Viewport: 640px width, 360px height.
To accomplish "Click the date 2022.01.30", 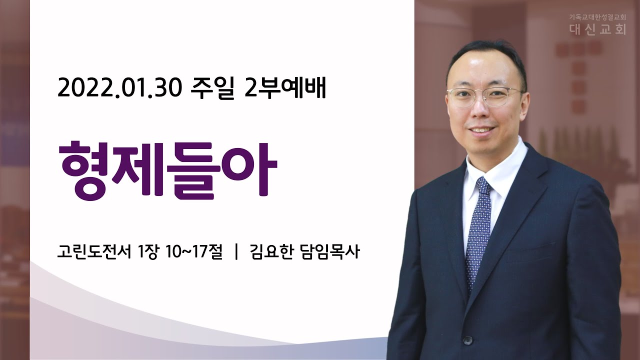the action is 119,89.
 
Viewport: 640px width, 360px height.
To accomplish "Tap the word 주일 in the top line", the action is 212,89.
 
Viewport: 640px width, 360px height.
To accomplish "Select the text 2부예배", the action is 285,89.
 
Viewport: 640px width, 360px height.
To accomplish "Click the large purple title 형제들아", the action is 167,171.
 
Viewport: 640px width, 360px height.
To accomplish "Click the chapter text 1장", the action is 147,252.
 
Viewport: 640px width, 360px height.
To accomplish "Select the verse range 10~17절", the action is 194,252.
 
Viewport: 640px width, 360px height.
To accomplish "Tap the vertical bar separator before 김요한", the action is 236,252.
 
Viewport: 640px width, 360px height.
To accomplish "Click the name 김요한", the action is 271,252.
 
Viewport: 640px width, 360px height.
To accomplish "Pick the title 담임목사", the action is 330,252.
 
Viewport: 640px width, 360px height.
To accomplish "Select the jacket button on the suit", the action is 467,340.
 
